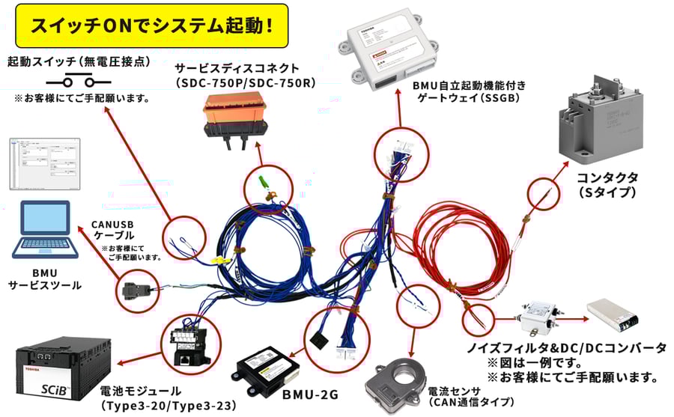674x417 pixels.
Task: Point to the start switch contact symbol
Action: click(72, 81)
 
